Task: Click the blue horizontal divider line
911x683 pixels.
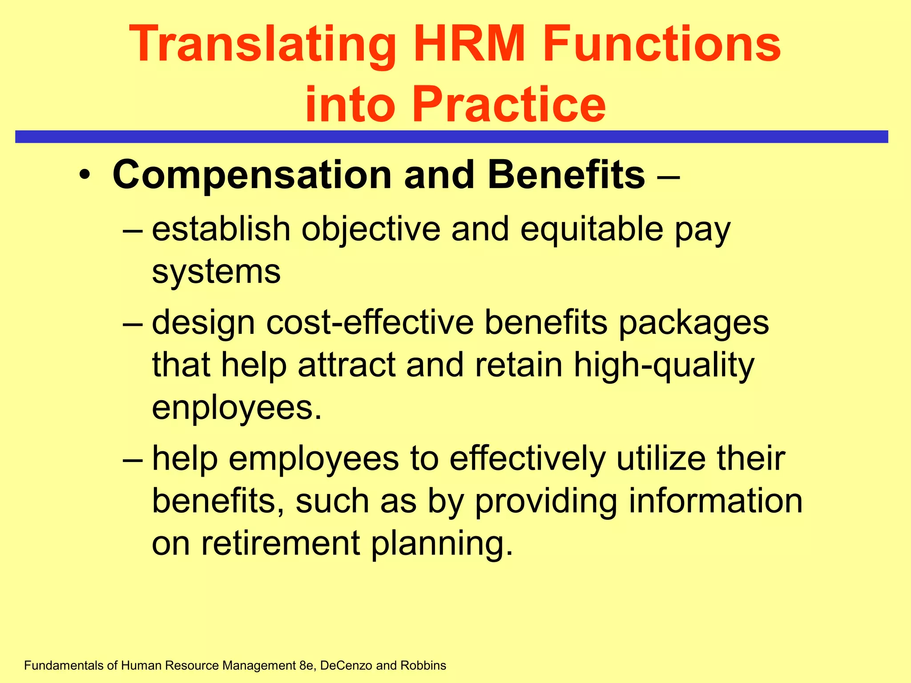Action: click(451, 137)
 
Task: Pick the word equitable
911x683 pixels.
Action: click(591, 229)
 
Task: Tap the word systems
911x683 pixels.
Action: click(216, 272)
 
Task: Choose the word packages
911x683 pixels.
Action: click(693, 323)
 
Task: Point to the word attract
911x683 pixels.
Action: click(347, 365)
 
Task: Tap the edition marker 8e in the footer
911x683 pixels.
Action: click(307, 665)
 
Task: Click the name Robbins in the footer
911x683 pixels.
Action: click(423, 665)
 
